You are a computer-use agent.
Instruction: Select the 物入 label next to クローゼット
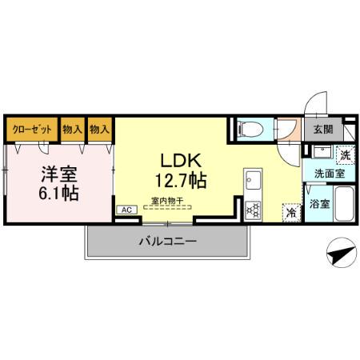[x=72, y=129]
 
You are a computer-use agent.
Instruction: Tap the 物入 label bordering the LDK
[x=99, y=129]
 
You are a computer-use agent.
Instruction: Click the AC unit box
[x=126, y=210]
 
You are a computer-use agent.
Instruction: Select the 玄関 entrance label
[x=322, y=129]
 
